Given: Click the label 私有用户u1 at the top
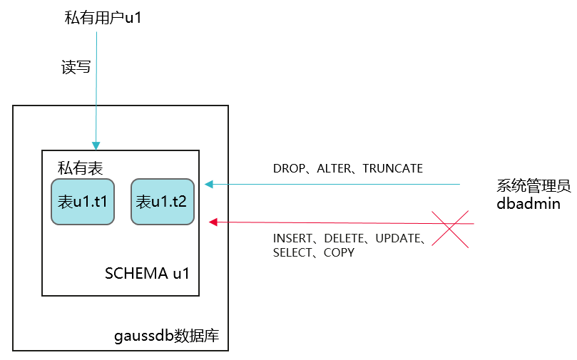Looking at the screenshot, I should pyautogui.click(x=103, y=18).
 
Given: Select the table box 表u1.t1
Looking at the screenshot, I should pyautogui.click(x=83, y=202).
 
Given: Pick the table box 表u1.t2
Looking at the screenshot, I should pyautogui.click(x=162, y=202).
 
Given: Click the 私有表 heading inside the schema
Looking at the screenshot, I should pyautogui.click(x=81, y=168).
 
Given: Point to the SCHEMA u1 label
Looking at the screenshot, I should pyautogui.click(x=147, y=273).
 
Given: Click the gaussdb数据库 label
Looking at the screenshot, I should pyautogui.click(x=166, y=335).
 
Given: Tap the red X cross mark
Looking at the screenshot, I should pyautogui.click(x=449, y=229).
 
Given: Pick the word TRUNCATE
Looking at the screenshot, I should pyautogui.click(x=392, y=169).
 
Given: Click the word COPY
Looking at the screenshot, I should pyautogui.click(x=339, y=252).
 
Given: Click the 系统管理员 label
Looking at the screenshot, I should pyautogui.click(x=533, y=187).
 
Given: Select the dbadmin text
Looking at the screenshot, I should pyautogui.click(x=528, y=204).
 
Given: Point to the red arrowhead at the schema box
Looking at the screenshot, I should pyautogui.click(x=213, y=222).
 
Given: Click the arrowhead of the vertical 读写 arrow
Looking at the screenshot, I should pyautogui.click(x=96, y=145).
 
